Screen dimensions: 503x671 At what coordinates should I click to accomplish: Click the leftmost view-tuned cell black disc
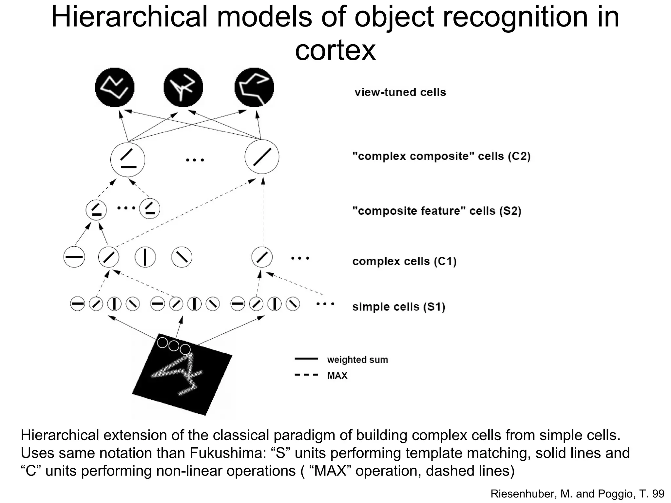[115, 87]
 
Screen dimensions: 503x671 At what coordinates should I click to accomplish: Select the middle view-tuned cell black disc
[183, 87]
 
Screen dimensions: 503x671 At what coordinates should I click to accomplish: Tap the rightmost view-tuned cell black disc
[254, 87]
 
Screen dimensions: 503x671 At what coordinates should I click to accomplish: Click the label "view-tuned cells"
[400, 92]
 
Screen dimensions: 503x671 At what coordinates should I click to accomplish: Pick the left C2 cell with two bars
[128, 160]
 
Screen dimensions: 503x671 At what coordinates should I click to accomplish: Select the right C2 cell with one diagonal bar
[262, 157]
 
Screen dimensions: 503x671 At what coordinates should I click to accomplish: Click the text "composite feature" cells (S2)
[436, 211]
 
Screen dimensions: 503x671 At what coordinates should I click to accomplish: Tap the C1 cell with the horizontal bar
[74, 257]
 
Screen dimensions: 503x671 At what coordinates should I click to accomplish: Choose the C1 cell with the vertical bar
[145, 257]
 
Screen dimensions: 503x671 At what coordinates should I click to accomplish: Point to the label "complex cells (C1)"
[404, 261]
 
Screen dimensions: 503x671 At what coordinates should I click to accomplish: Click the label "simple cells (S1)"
[399, 307]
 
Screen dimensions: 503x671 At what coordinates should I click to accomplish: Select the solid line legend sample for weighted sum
[306, 359]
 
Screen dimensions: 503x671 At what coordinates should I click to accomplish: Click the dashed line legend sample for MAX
[306, 375]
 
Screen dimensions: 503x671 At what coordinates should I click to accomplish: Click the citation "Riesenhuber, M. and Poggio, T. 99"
[577, 494]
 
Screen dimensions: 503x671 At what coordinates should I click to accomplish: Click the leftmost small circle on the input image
[163, 343]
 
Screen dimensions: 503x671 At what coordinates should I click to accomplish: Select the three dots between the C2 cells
[195, 160]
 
